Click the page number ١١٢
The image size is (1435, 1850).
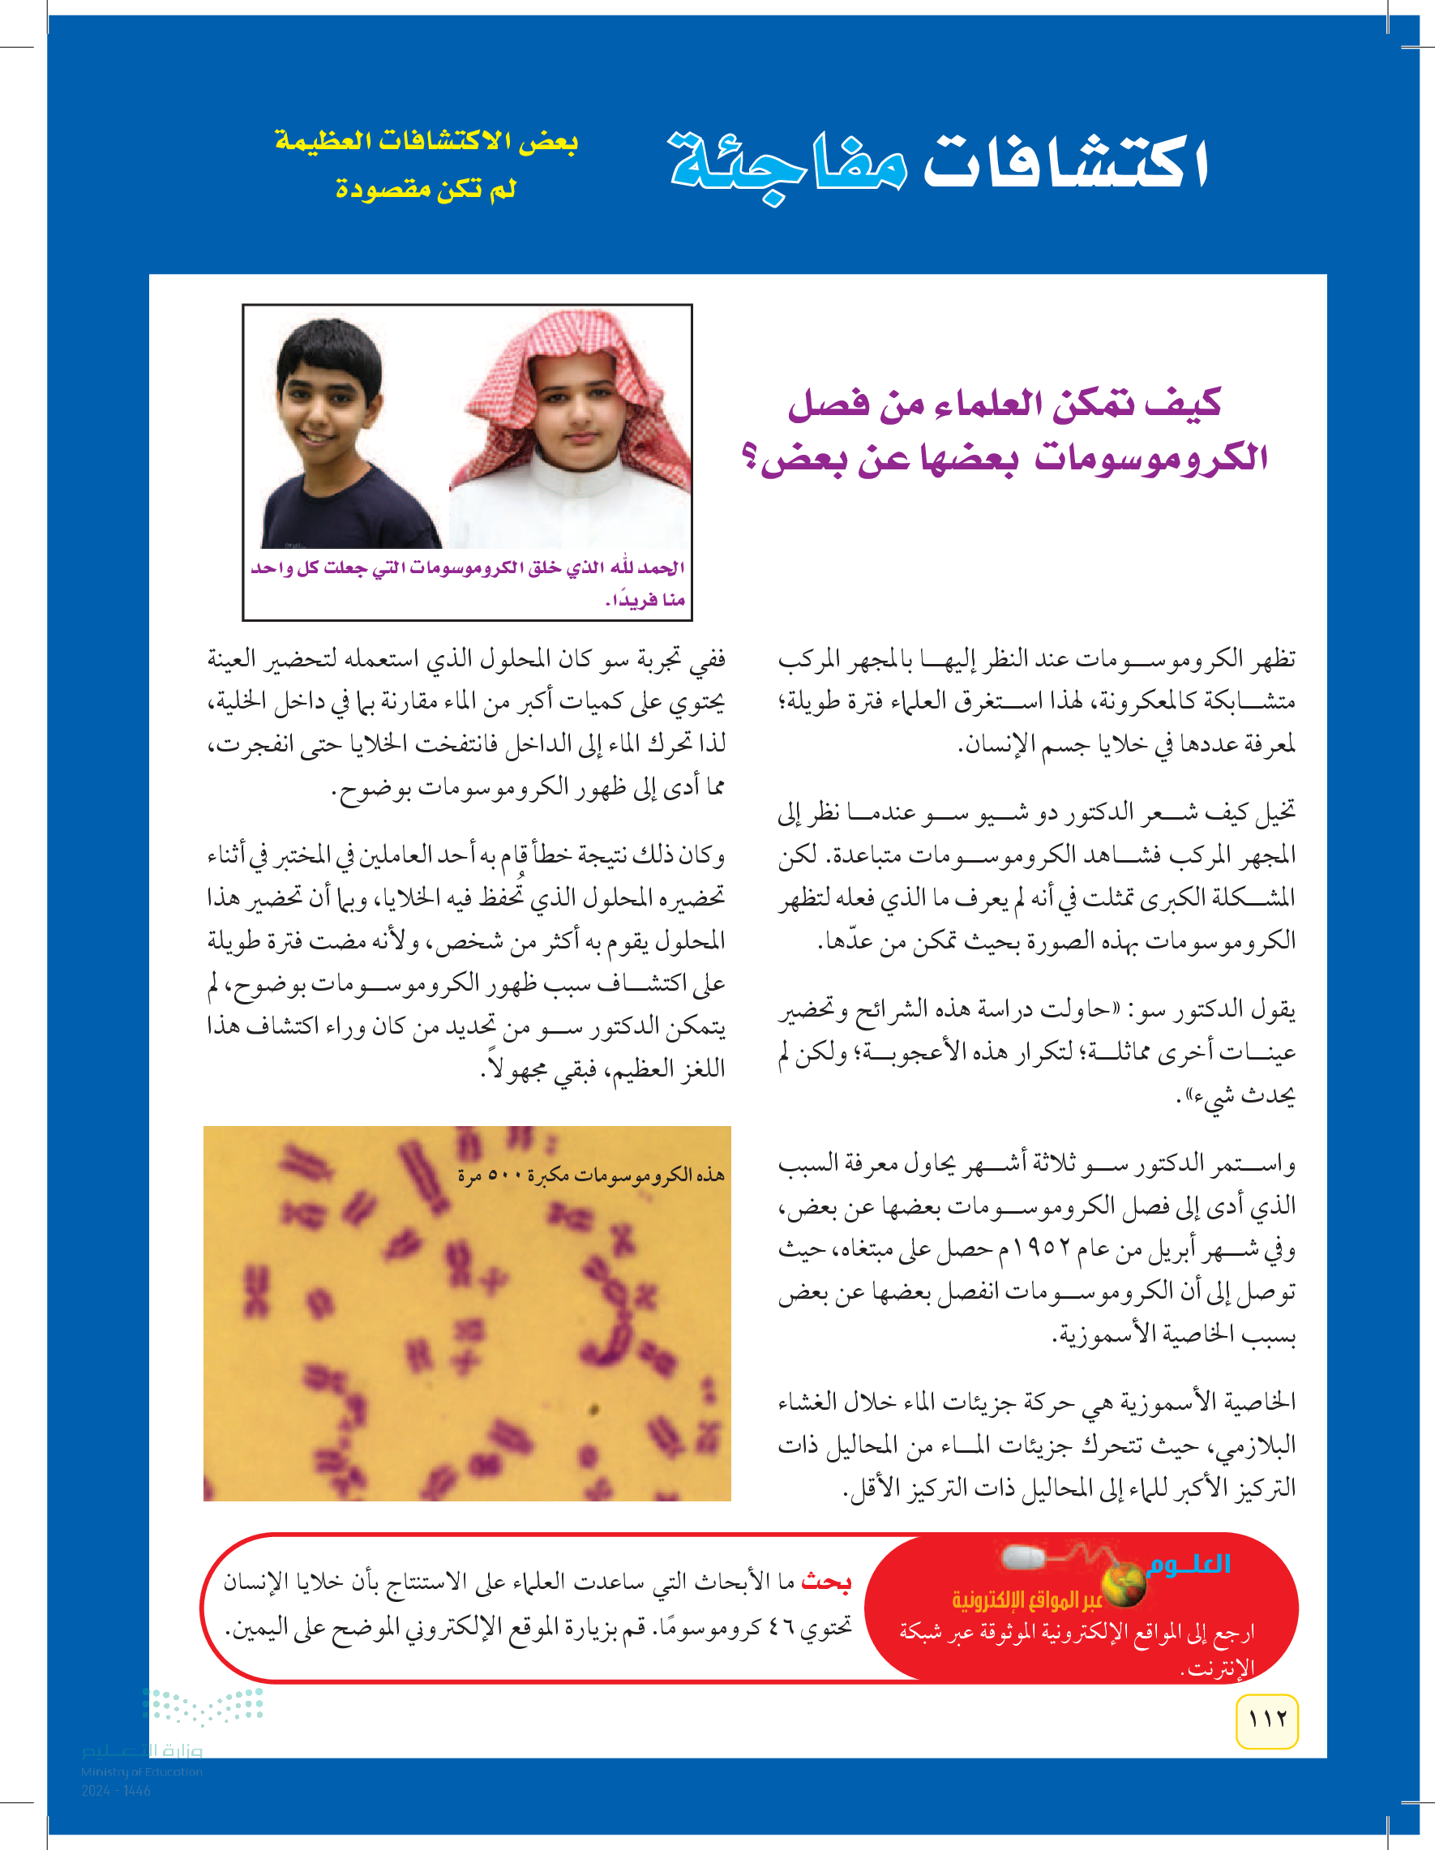point(1266,1719)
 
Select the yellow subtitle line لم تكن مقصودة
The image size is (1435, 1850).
point(426,188)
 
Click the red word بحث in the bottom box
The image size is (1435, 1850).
point(825,1582)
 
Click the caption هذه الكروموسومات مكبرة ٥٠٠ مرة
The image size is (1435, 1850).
point(590,1175)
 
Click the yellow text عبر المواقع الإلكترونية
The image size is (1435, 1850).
point(1026,1599)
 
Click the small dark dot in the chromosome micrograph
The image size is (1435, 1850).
point(593,1410)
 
